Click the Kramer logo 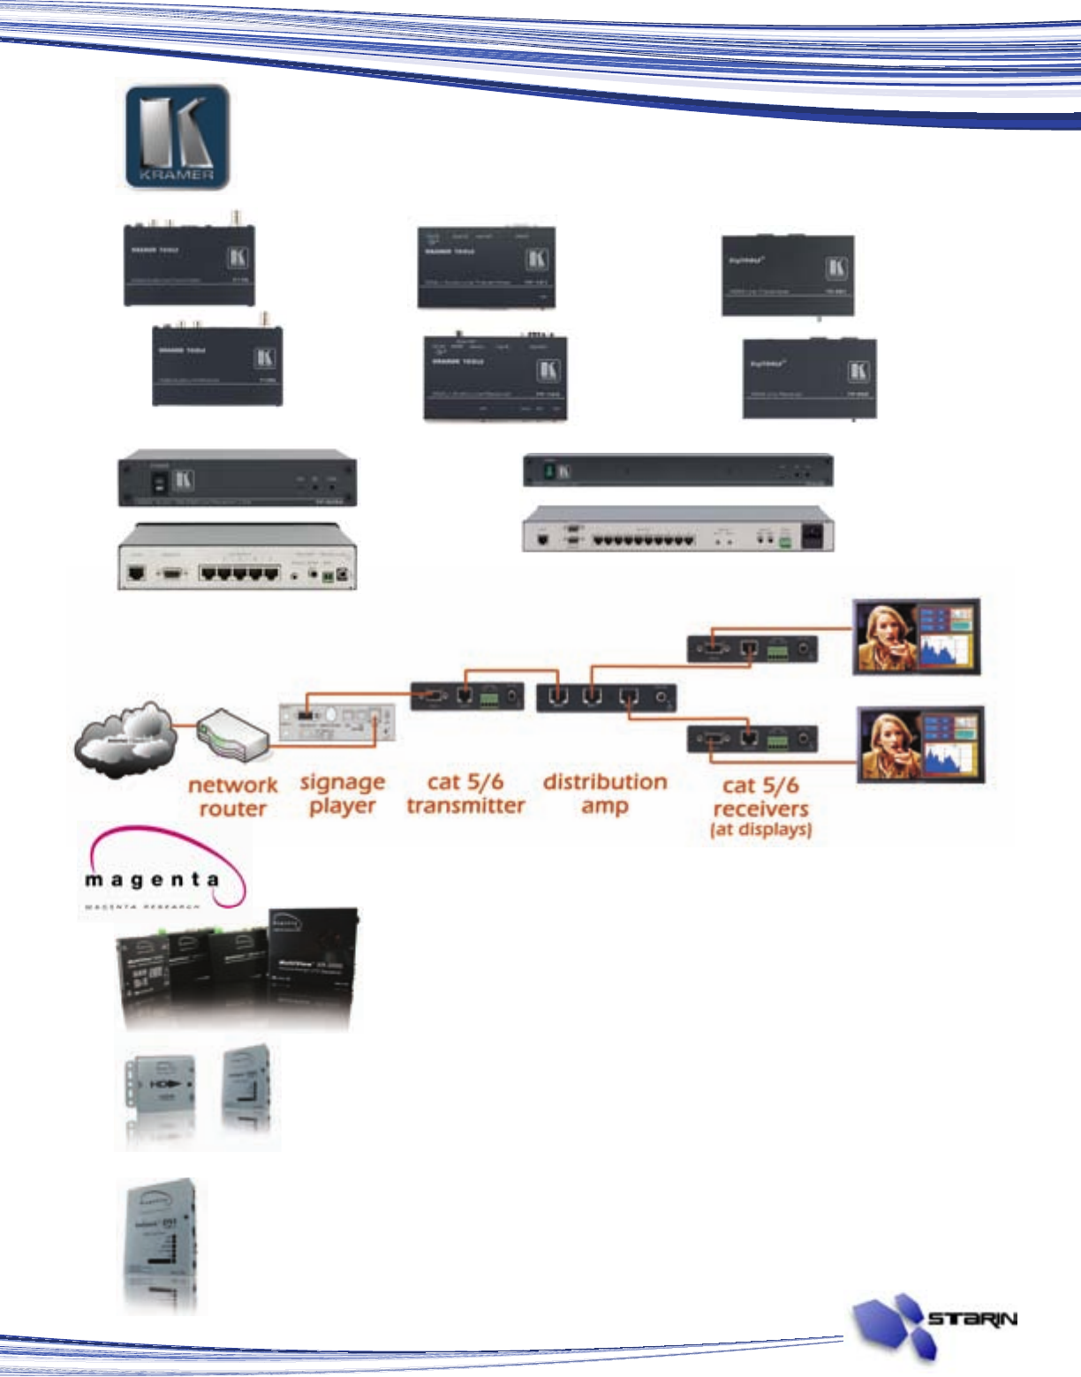177,137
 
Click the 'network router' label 232,797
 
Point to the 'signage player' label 343,794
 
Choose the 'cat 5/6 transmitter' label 465,794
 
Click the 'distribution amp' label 605,794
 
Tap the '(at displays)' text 760,830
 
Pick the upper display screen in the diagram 917,636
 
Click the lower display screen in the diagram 921,745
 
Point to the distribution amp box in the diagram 607,697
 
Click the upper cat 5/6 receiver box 752,649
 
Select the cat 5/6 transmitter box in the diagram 467,696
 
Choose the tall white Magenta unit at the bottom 160,1244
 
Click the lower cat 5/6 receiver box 752,739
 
